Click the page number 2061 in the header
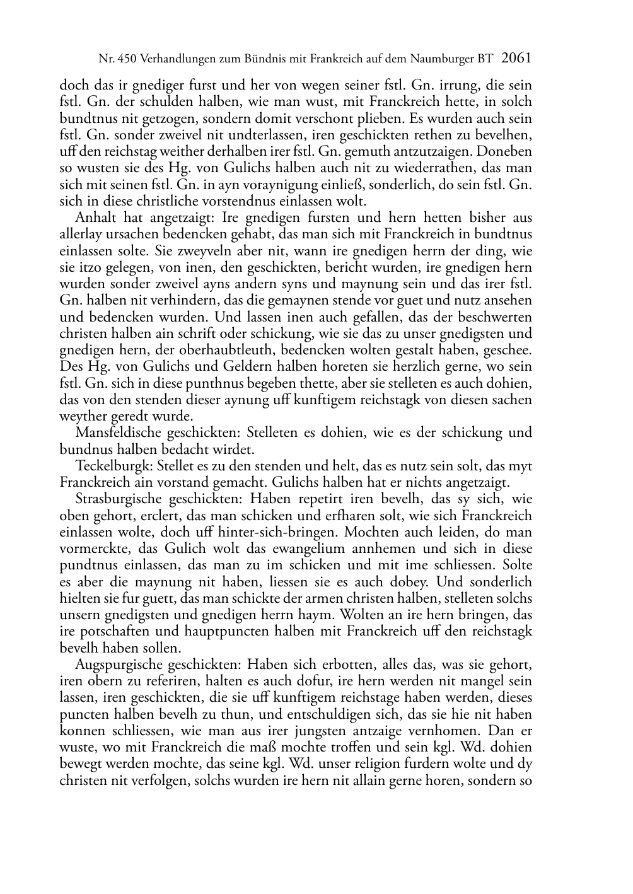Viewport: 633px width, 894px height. tap(516, 59)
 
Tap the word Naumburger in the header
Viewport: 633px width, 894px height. tap(444, 59)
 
